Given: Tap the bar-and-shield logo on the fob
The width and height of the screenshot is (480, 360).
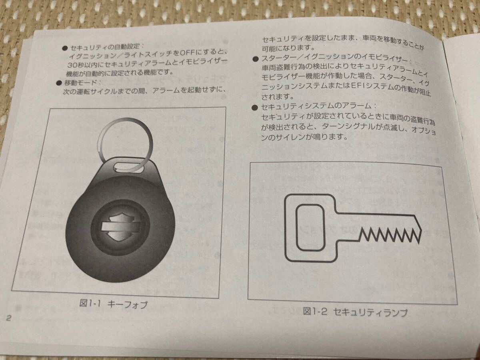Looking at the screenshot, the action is [x=120, y=227].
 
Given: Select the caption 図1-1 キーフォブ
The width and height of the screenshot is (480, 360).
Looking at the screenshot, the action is [x=113, y=304].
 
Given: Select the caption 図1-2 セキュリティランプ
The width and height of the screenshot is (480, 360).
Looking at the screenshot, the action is [x=355, y=312].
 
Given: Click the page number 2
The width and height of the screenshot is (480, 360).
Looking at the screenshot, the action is [x=8, y=318].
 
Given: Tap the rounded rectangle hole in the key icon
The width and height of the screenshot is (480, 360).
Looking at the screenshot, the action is [x=310, y=227].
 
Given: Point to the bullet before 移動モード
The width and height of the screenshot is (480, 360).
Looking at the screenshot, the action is [x=59, y=83].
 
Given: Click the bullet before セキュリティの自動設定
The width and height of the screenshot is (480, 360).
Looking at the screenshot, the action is [x=65, y=48].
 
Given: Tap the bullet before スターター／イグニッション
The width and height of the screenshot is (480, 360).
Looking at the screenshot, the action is [x=255, y=59].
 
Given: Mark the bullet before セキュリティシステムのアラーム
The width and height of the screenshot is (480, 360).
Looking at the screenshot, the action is [x=255, y=108].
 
